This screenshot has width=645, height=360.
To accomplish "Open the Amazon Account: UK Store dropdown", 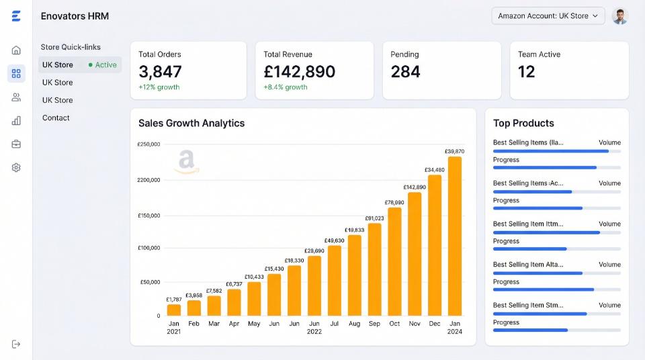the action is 548,16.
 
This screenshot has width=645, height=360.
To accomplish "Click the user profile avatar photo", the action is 619,16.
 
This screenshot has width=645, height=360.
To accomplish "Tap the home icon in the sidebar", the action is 16,50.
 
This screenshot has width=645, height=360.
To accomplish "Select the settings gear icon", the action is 16,167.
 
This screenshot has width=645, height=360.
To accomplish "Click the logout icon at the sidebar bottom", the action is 16,345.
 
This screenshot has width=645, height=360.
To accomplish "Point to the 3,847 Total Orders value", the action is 160,72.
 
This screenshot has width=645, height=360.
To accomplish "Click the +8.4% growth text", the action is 286,87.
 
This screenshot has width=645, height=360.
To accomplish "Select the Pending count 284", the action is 406,72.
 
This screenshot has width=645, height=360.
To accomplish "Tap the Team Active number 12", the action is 527,72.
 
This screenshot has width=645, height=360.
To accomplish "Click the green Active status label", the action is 103,64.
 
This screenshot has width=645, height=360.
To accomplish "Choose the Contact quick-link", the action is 56,118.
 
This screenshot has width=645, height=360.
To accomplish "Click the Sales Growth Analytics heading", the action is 191,123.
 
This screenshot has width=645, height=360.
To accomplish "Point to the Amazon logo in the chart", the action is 187,161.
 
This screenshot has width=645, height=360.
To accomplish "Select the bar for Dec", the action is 435,246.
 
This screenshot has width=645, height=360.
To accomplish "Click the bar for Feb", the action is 193,308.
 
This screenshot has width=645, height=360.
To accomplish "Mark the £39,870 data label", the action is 455,151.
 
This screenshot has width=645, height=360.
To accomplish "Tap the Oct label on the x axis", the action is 394,324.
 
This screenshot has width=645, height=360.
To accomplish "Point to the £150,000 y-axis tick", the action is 149,216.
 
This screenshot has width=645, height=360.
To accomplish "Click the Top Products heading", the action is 523,123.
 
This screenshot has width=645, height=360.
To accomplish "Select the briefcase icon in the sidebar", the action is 16,144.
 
